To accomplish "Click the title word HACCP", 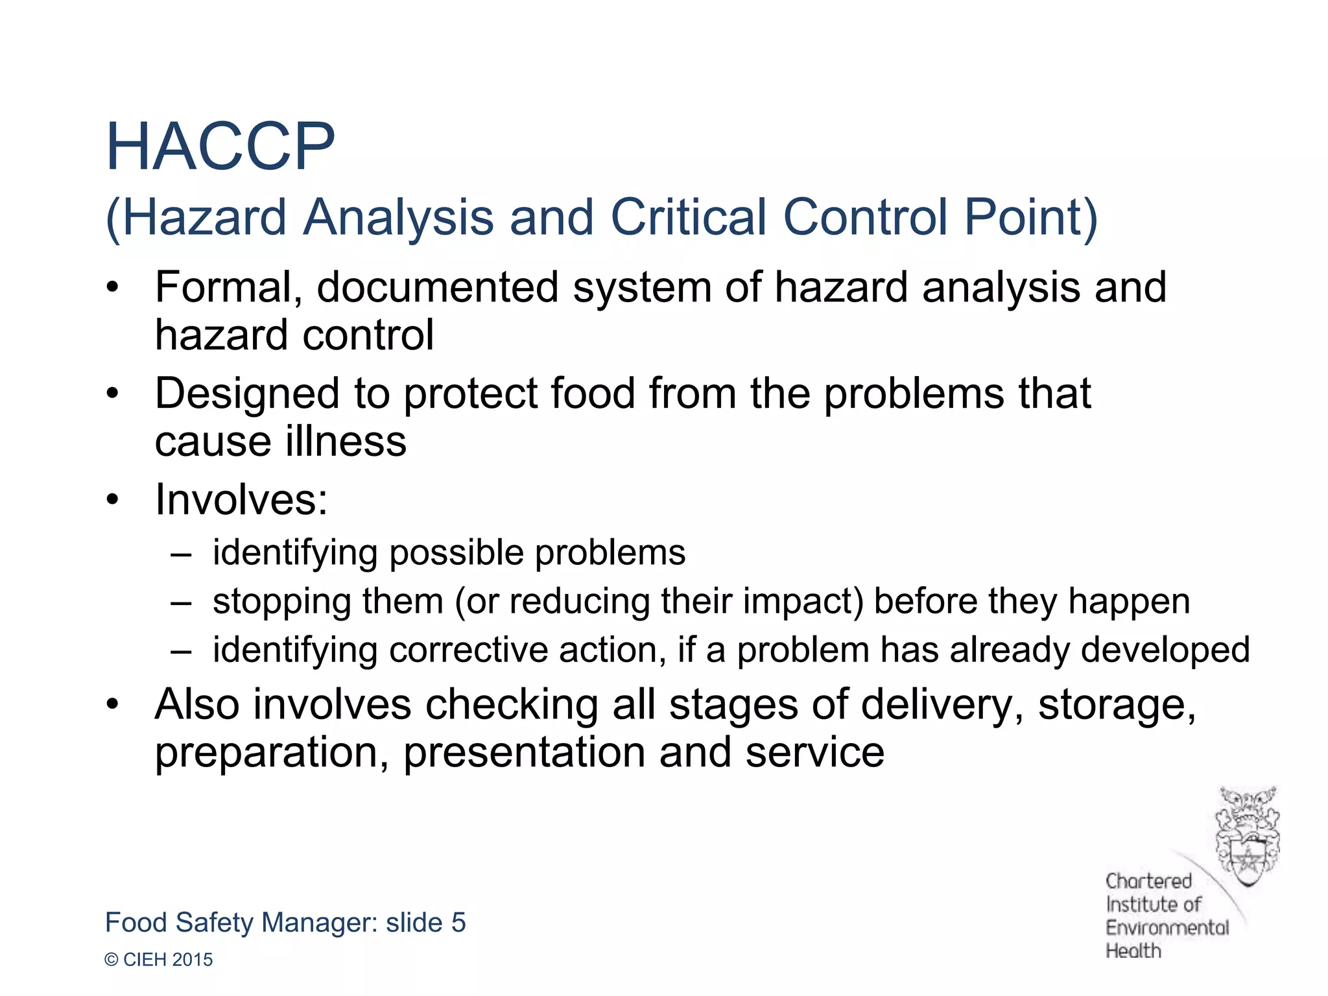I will click(220, 147).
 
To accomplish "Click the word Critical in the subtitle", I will click(688, 217).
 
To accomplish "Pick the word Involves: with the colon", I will click(241, 500).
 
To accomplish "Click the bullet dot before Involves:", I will click(113, 500).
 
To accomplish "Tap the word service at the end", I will click(814, 753).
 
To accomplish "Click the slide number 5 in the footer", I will click(458, 923).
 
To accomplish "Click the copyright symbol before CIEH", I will click(112, 960).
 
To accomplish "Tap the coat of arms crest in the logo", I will click(1246, 836).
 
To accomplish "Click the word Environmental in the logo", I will click(1167, 928).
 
